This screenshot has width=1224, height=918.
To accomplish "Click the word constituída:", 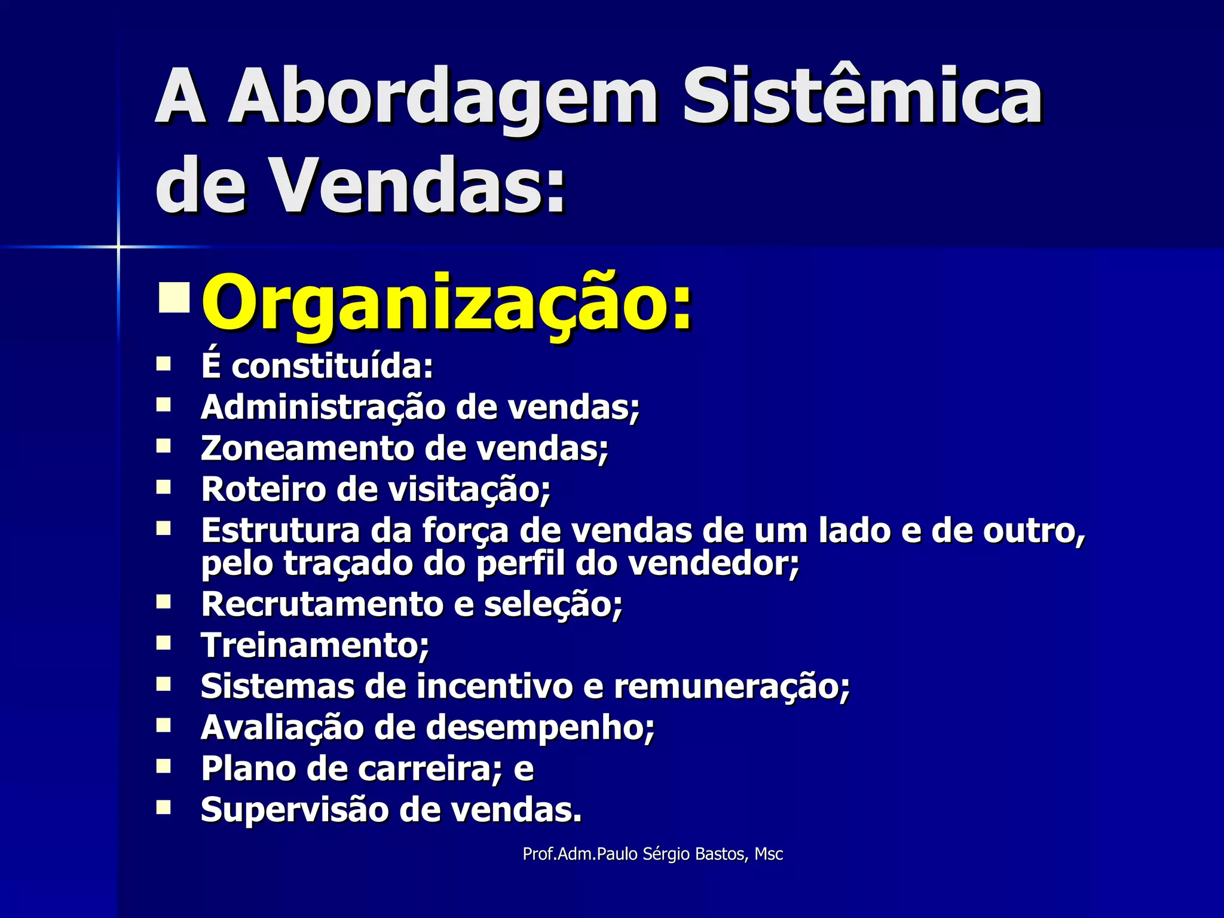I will point(332,366).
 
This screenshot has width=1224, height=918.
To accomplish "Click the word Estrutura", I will point(280,530).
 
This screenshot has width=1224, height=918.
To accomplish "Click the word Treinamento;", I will point(315,645).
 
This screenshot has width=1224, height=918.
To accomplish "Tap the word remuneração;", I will point(732,686).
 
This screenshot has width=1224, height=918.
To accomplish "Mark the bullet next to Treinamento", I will point(164,643).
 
